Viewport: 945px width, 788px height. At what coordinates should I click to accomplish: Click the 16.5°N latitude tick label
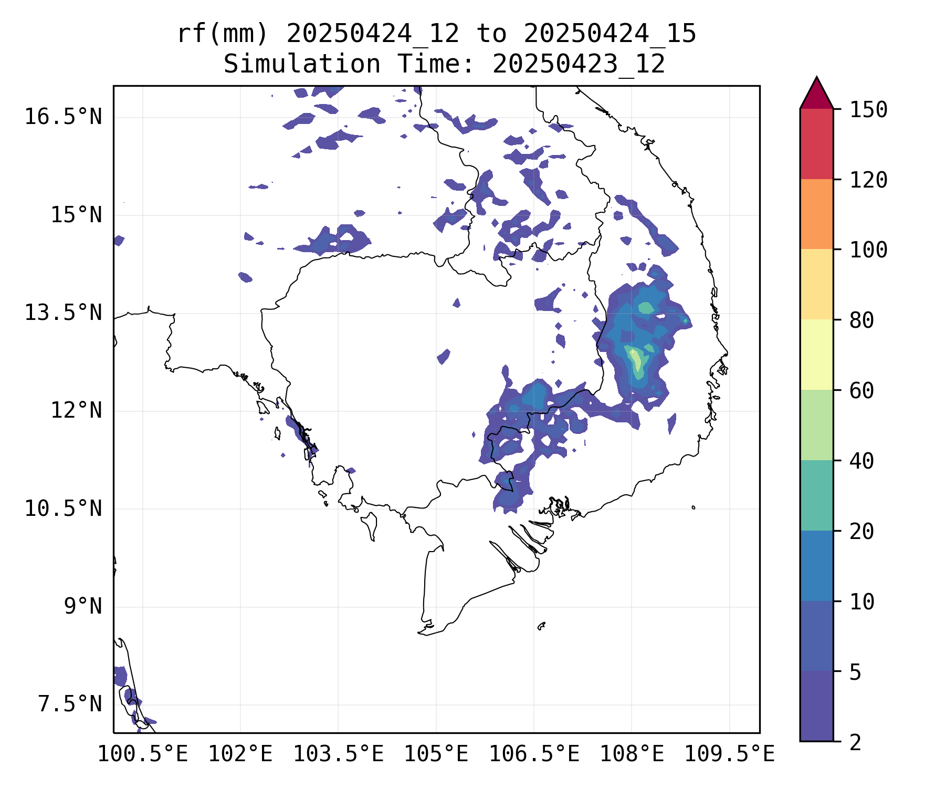[x=63, y=117]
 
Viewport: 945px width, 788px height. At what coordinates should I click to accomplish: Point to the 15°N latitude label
[x=76, y=215]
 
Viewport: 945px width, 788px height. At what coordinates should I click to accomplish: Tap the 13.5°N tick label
[x=63, y=313]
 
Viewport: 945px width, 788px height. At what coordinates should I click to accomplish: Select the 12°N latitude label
[x=76, y=410]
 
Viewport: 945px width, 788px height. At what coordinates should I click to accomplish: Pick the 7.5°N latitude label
[x=70, y=704]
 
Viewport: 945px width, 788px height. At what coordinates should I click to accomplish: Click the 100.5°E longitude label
[x=143, y=754]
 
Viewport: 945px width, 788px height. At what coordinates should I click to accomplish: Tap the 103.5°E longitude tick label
[x=338, y=754]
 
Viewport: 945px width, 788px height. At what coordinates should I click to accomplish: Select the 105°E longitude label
[x=436, y=754]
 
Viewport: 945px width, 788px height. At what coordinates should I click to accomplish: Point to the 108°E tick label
[x=632, y=754]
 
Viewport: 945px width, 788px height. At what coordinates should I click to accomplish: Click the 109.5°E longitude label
[x=729, y=754]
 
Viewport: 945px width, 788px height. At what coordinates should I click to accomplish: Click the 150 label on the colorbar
[x=868, y=110]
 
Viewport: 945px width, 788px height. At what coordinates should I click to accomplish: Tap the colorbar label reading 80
[x=862, y=320]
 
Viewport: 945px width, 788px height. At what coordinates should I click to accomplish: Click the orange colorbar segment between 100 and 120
[x=816, y=214]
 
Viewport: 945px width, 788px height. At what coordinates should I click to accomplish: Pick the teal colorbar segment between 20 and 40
[x=816, y=495]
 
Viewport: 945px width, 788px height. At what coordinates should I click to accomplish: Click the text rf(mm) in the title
[x=223, y=34]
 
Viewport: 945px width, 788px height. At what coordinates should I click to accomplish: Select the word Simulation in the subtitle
[x=302, y=65]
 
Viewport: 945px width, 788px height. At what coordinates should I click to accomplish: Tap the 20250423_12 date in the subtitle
[x=579, y=65]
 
